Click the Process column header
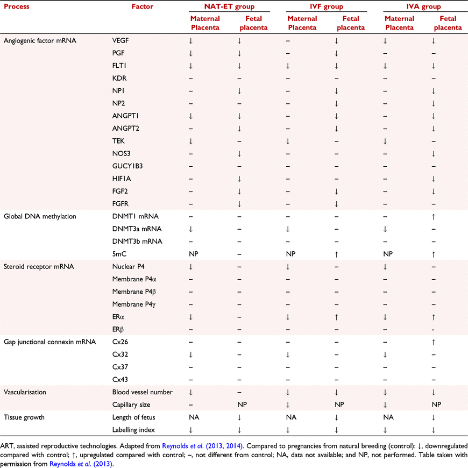(17, 6)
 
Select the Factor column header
(143, 6)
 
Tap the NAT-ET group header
(229, 6)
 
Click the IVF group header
(327, 6)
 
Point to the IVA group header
(423, 6)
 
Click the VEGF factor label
(120, 40)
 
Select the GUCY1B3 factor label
(127, 166)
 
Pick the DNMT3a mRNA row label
(137, 229)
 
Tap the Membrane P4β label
(134, 292)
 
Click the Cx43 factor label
(120, 379)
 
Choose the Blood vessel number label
(143, 392)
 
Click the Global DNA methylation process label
(40, 216)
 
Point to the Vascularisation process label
(25, 392)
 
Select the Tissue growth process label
(24, 417)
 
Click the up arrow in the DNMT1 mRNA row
(434, 217)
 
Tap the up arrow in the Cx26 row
(434, 342)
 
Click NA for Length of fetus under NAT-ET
(194, 417)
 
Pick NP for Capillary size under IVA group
(436, 405)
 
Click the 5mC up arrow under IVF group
(336, 254)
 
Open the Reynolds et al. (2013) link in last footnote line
(81, 464)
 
